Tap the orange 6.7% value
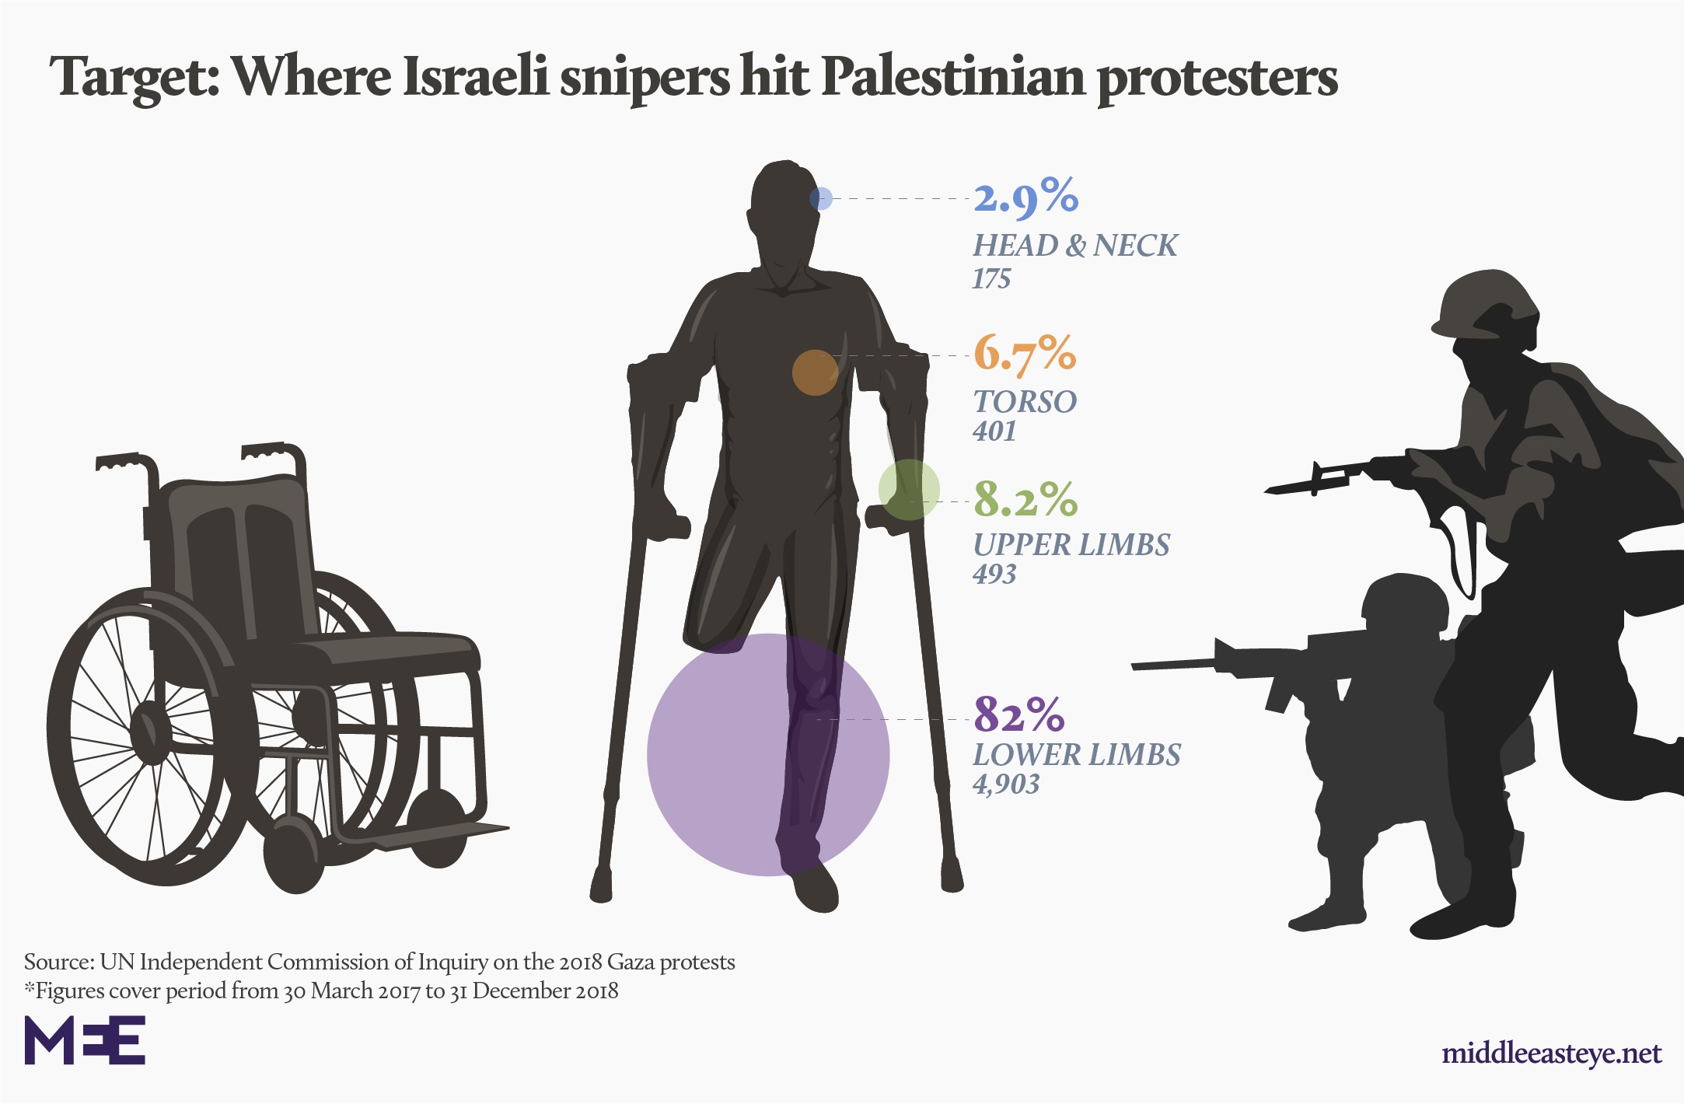point(1025,354)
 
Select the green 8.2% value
point(1025,499)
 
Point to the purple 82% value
point(1019,714)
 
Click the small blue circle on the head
point(821,199)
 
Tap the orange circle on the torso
point(815,372)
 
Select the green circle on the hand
point(909,490)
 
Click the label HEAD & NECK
point(1074,246)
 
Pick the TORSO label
point(1025,402)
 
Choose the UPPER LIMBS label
point(1071,545)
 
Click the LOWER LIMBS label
point(1077,755)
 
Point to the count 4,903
point(1006,784)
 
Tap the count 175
point(991,279)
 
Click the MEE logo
point(85,1039)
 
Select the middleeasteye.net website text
point(1551,1053)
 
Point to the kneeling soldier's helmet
point(1403,603)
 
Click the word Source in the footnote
point(59,963)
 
